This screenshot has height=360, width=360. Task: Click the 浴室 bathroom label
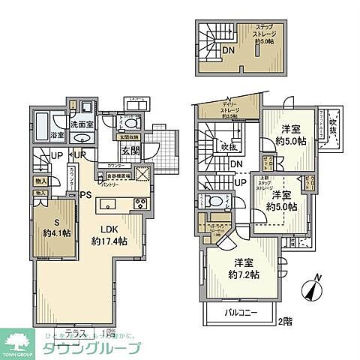point(56,135)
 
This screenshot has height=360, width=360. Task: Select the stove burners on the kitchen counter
point(140,204)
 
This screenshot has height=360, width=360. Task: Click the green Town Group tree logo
point(16,342)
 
